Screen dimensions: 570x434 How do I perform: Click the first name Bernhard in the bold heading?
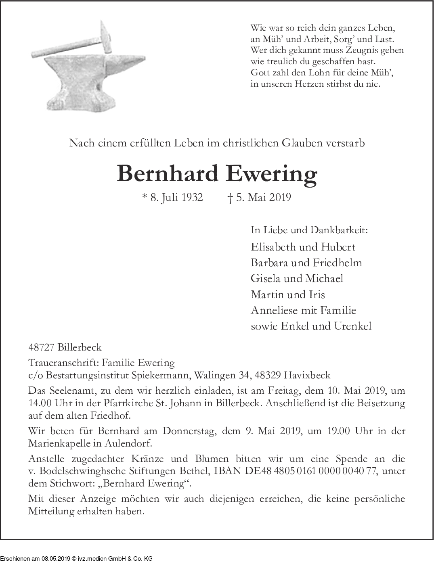pos(167,174)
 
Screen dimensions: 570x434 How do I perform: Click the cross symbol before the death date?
pos(230,198)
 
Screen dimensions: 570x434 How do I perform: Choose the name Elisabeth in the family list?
pos(272,246)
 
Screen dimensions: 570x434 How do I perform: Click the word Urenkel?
pos(352,326)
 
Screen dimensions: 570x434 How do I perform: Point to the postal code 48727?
pos(42,347)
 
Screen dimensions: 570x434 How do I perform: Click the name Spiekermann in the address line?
pos(161,375)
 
